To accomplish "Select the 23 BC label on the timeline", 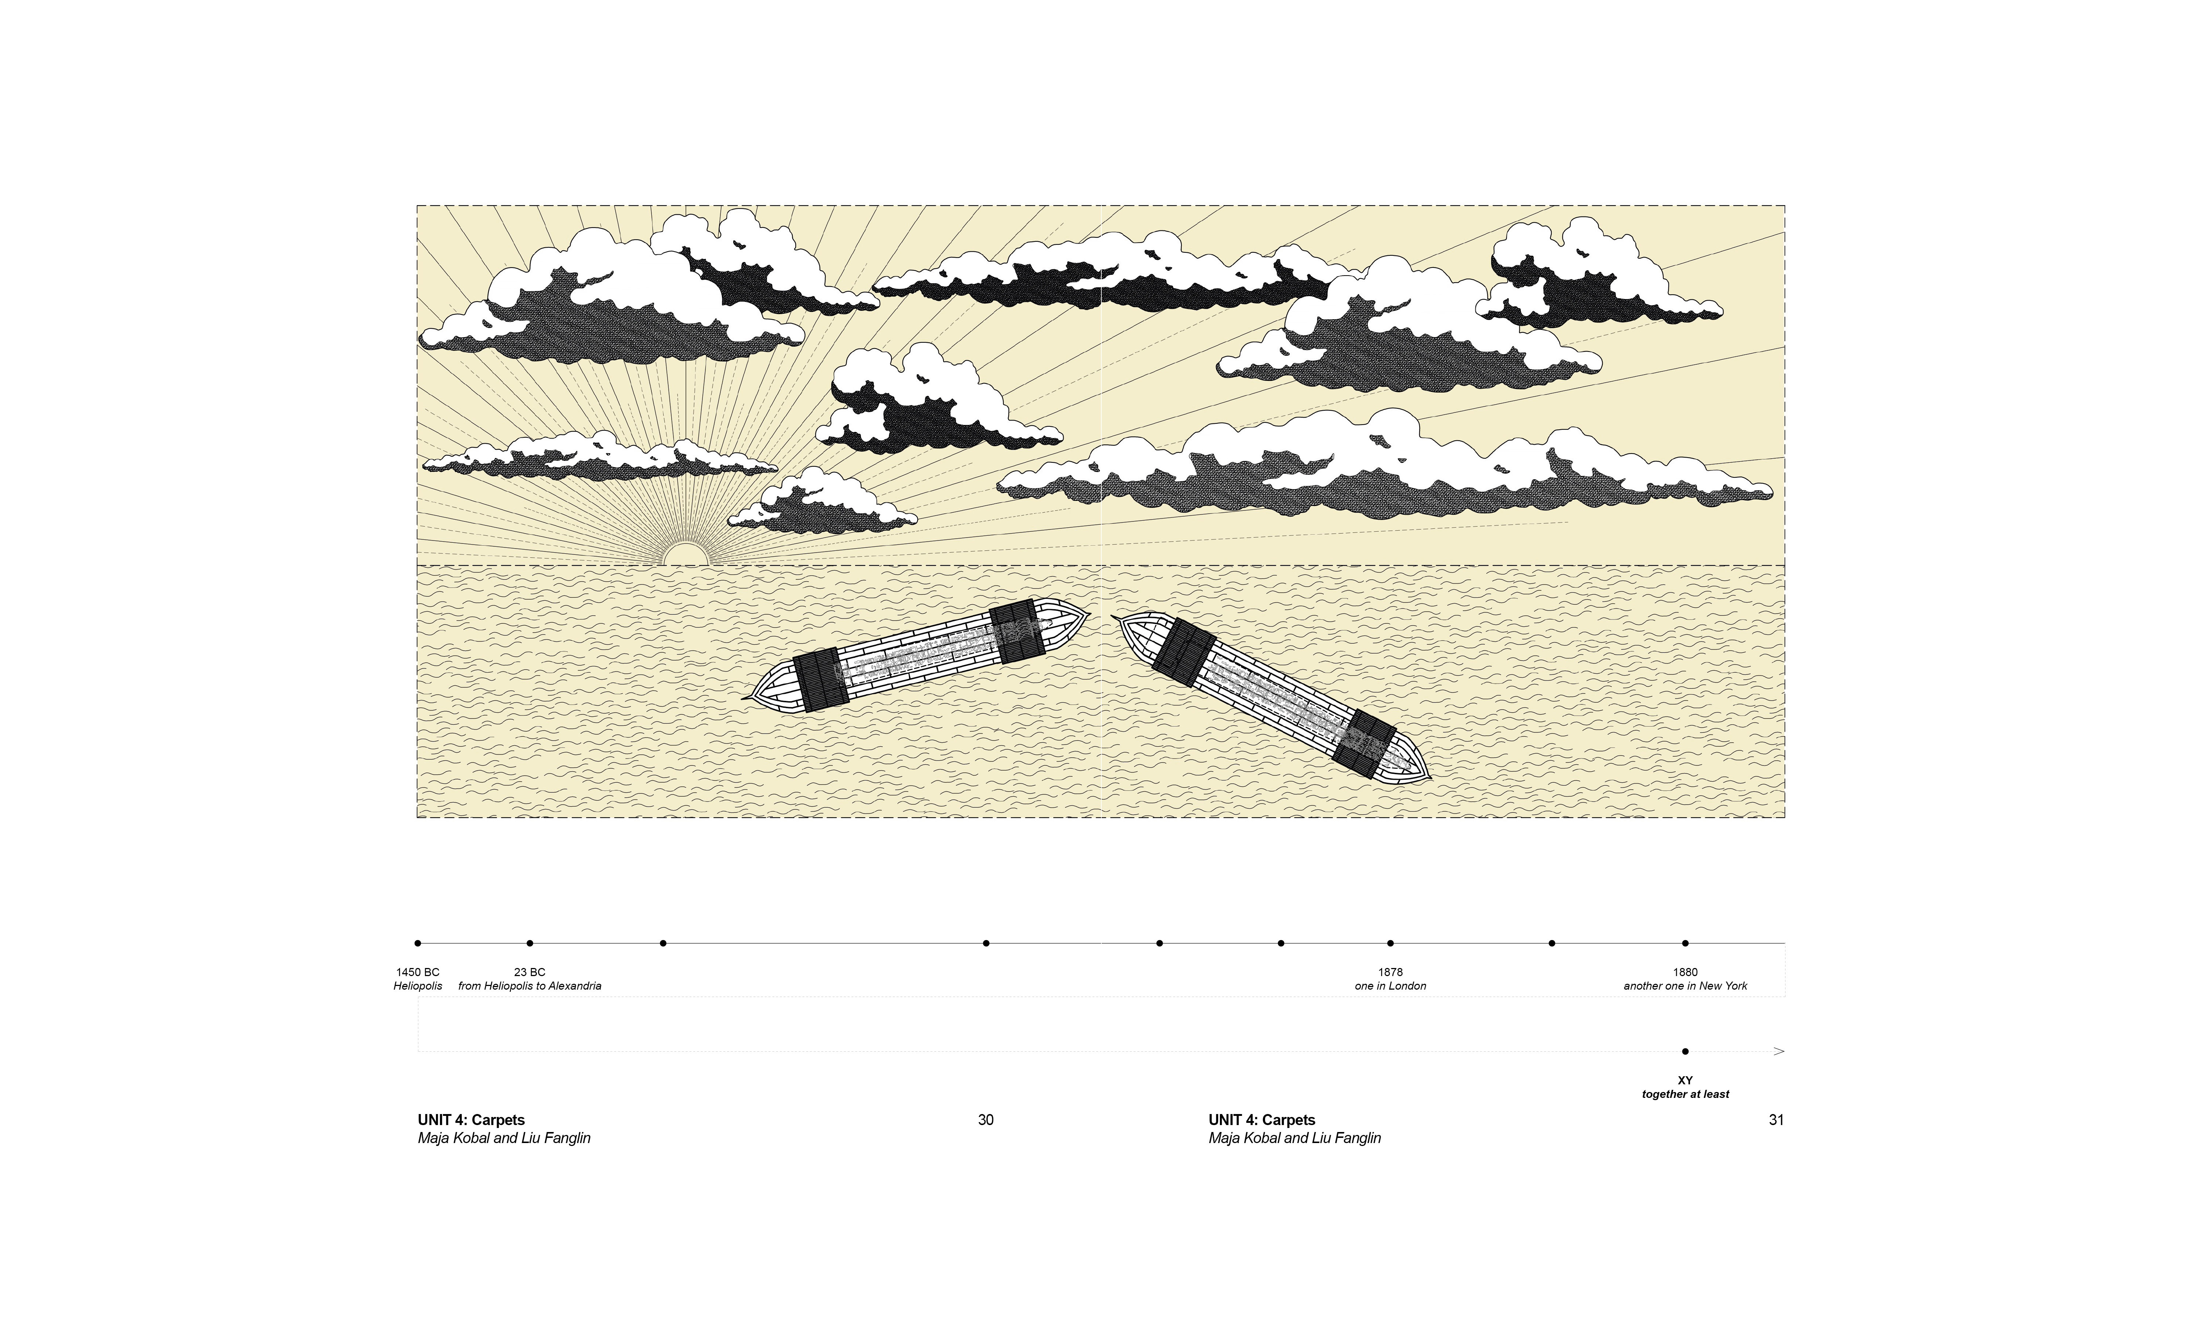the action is pos(530,972).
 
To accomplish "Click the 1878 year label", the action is pos(1390,972).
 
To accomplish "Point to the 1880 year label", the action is pos(1685,972).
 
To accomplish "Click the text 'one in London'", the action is pos(1390,986).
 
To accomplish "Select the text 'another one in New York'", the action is pos(1685,986).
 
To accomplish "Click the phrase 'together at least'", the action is pos(1685,1094).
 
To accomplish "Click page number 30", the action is pos(985,1120).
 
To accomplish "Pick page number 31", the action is pos(1776,1120).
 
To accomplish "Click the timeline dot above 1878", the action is pos(1390,943).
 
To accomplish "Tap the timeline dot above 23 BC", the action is pos(530,943).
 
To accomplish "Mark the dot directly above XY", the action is pos(1685,1051).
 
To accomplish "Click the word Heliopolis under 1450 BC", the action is pos(417,986).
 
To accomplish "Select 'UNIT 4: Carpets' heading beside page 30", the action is pos(471,1120).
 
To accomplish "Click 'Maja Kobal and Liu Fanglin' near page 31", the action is pos(1294,1138).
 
